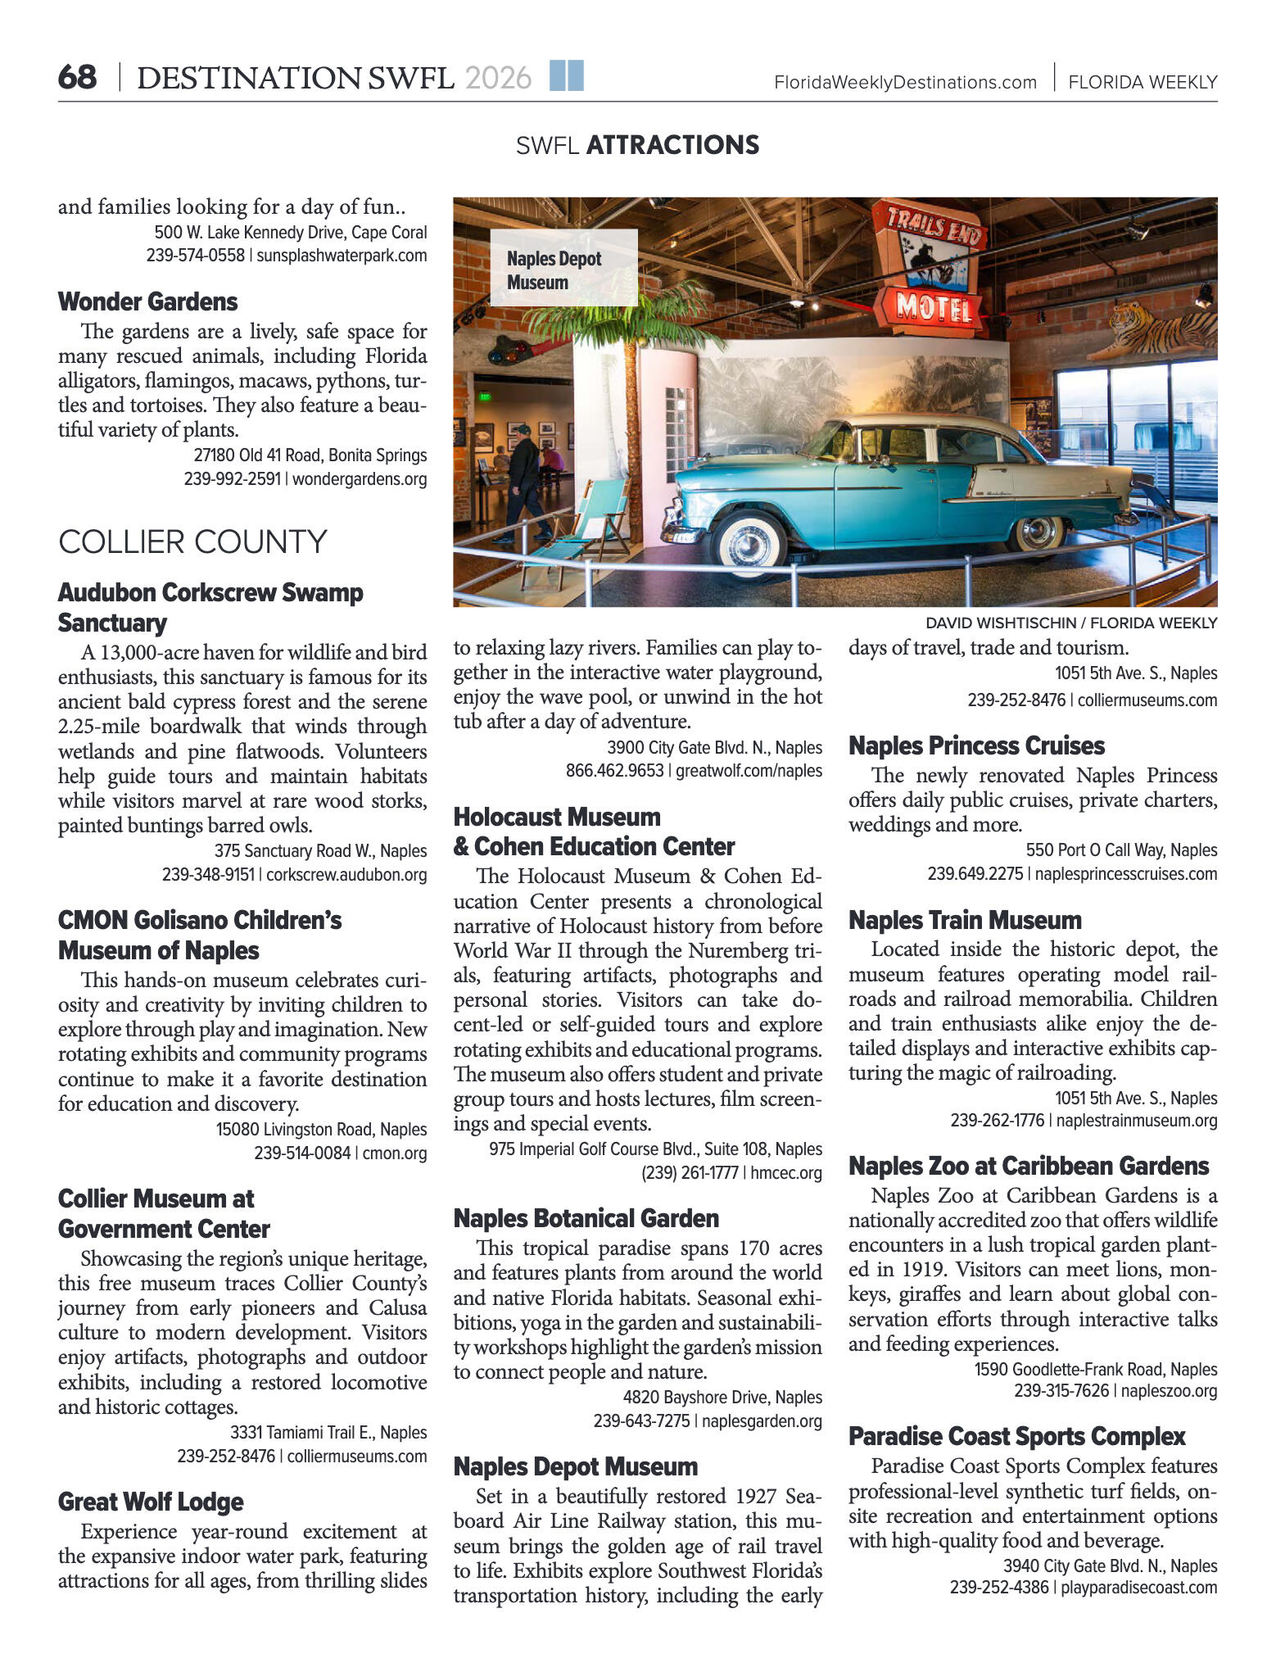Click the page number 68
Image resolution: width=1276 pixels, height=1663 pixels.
(x=77, y=78)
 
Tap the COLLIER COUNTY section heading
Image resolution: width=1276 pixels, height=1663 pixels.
(x=192, y=542)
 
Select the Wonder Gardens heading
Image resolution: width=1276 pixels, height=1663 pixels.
(x=147, y=301)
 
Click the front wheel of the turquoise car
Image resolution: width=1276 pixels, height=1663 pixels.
(x=749, y=544)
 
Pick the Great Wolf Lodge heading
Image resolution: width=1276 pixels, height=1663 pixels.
(x=151, y=1502)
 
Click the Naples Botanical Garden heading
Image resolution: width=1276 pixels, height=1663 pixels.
(x=586, y=1218)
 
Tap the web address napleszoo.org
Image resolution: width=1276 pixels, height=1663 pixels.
(x=1169, y=1391)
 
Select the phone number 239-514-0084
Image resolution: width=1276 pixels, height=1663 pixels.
(x=302, y=1153)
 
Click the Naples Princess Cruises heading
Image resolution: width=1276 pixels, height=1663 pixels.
(x=976, y=745)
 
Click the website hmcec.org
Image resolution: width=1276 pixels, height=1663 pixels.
(x=786, y=1173)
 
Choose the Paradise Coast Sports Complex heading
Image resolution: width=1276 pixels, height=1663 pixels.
(x=1016, y=1436)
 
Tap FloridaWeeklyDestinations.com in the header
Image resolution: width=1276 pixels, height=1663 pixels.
(x=905, y=82)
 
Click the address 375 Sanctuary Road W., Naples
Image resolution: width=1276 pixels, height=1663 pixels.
(x=320, y=851)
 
